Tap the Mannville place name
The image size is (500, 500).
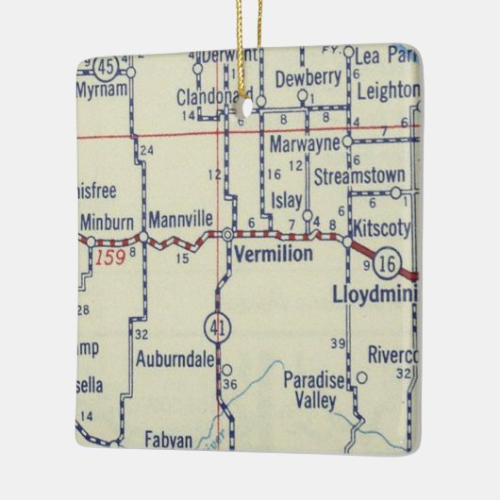tap(181, 219)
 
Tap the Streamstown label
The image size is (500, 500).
tap(359, 176)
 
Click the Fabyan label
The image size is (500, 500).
tap(169, 439)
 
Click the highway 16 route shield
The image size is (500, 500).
tap(386, 263)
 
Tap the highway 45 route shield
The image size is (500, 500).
tap(108, 65)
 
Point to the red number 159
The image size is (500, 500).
tap(112, 257)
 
